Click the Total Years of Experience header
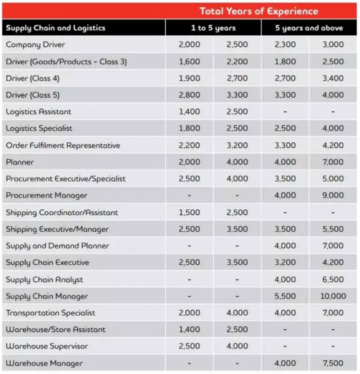pyautogui.click(x=258, y=11)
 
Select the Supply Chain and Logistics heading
pyautogui.click(x=55, y=27)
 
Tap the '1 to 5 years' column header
pyautogui.click(x=213, y=27)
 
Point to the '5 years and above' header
pyautogui.click(x=309, y=27)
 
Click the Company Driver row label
pyautogui.click(x=36, y=45)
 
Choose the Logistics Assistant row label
pyautogui.click(x=38, y=111)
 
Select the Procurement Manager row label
pyautogui.click(x=46, y=196)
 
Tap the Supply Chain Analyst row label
pyautogui.click(x=44, y=280)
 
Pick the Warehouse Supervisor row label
pyautogui.click(x=47, y=346)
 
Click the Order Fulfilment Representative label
pyautogui.click(x=63, y=145)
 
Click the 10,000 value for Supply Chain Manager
pyautogui.click(x=333, y=296)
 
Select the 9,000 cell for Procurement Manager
pyautogui.click(x=333, y=196)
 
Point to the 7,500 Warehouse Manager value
pyautogui.click(x=333, y=363)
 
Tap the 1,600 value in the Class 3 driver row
pyautogui.click(x=189, y=62)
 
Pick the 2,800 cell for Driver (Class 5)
pyautogui.click(x=189, y=95)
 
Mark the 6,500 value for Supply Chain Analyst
pyautogui.click(x=333, y=280)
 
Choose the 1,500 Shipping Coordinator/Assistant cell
pyautogui.click(x=189, y=212)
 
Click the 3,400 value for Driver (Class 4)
pyautogui.click(x=333, y=78)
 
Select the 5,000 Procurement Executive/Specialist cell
pyautogui.click(x=333, y=178)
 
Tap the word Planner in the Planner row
pyautogui.click(x=20, y=162)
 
